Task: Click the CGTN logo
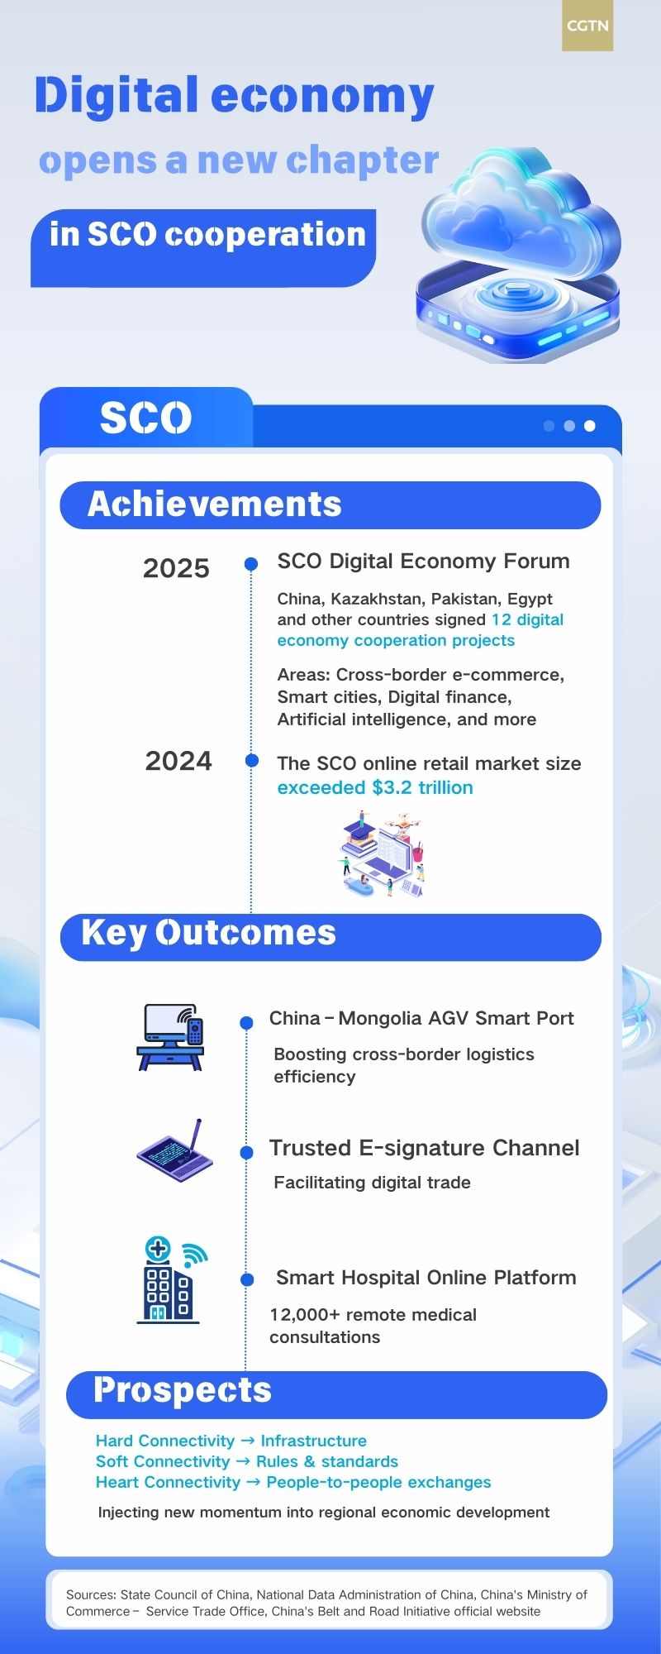tap(587, 26)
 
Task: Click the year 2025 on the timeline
tap(176, 569)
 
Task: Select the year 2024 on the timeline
tap(178, 761)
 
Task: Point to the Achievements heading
tap(215, 504)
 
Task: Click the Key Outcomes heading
tap(209, 933)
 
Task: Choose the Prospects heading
tap(183, 1391)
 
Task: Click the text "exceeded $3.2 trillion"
tap(375, 787)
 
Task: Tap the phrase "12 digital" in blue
tap(527, 619)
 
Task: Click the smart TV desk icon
tap(170, 1037)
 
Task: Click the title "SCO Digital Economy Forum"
tap(423, 562)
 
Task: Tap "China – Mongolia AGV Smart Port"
tap(421, 1018)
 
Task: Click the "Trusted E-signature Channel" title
tap(424, 1148)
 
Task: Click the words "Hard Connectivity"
tap(165, 1441)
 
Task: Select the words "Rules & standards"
tap(327, 1461)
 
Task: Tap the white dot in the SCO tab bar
tap(589, 426)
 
